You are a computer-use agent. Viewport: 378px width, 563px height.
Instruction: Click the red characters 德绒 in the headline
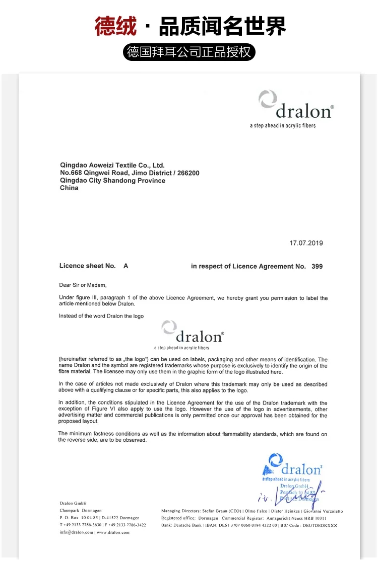tap(115, 26)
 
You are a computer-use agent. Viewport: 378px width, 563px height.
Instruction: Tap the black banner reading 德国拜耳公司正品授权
tap(189, 52)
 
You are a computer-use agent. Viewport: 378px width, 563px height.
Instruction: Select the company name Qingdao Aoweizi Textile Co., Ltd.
tap(112, 165)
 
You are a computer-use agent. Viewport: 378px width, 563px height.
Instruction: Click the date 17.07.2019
tap(306, 243)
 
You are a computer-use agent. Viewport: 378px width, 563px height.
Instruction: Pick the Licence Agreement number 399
tap(317, 266)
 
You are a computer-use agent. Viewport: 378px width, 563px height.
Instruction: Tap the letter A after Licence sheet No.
tap(125, 266)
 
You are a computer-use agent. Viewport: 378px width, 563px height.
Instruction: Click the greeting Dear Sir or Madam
tap(83, 285)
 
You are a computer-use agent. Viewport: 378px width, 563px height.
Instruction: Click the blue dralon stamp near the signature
tap(292, 468)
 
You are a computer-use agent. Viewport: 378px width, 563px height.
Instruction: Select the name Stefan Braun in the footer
tap(215, 511)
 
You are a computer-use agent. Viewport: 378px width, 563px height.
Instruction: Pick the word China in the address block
tap(69, 188)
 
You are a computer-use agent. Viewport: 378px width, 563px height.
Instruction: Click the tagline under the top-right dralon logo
tap(283, 125)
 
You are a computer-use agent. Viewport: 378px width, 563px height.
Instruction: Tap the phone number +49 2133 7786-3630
tap(81, 525)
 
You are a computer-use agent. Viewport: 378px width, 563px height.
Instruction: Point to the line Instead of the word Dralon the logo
tap(101, 316)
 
